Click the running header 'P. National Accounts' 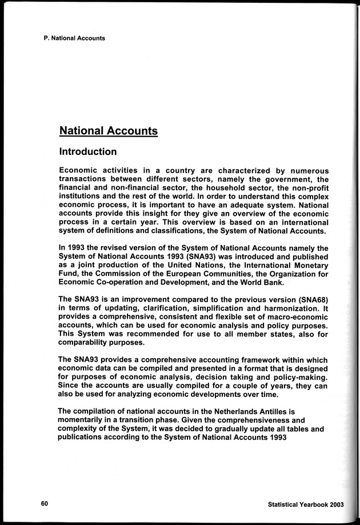[x=74, y=38]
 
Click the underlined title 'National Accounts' [x=109, y=131]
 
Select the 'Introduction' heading [x=88, y=152]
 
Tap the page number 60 [x=45, y=503]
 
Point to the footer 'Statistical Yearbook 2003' [x=305, y=504]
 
